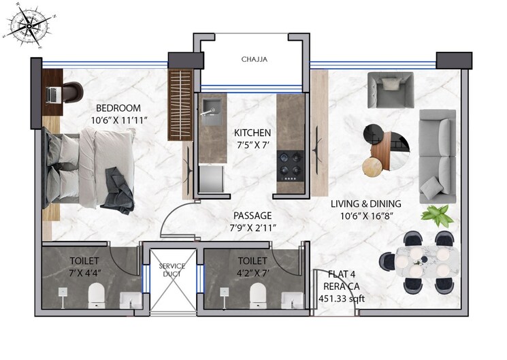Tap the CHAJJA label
(254, 60)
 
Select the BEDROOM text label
(118, 108)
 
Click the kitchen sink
(210, 107)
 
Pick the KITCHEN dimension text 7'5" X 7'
(252, 145)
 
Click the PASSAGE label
(252, 215)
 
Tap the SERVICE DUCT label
(172, 271)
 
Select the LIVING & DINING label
(365, 203)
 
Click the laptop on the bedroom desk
(54, 95)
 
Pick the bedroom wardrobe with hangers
(182, 105)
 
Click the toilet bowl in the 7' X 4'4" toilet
(97, 294)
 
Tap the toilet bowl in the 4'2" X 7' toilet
(258, 294)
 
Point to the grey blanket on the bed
(117, 189)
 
